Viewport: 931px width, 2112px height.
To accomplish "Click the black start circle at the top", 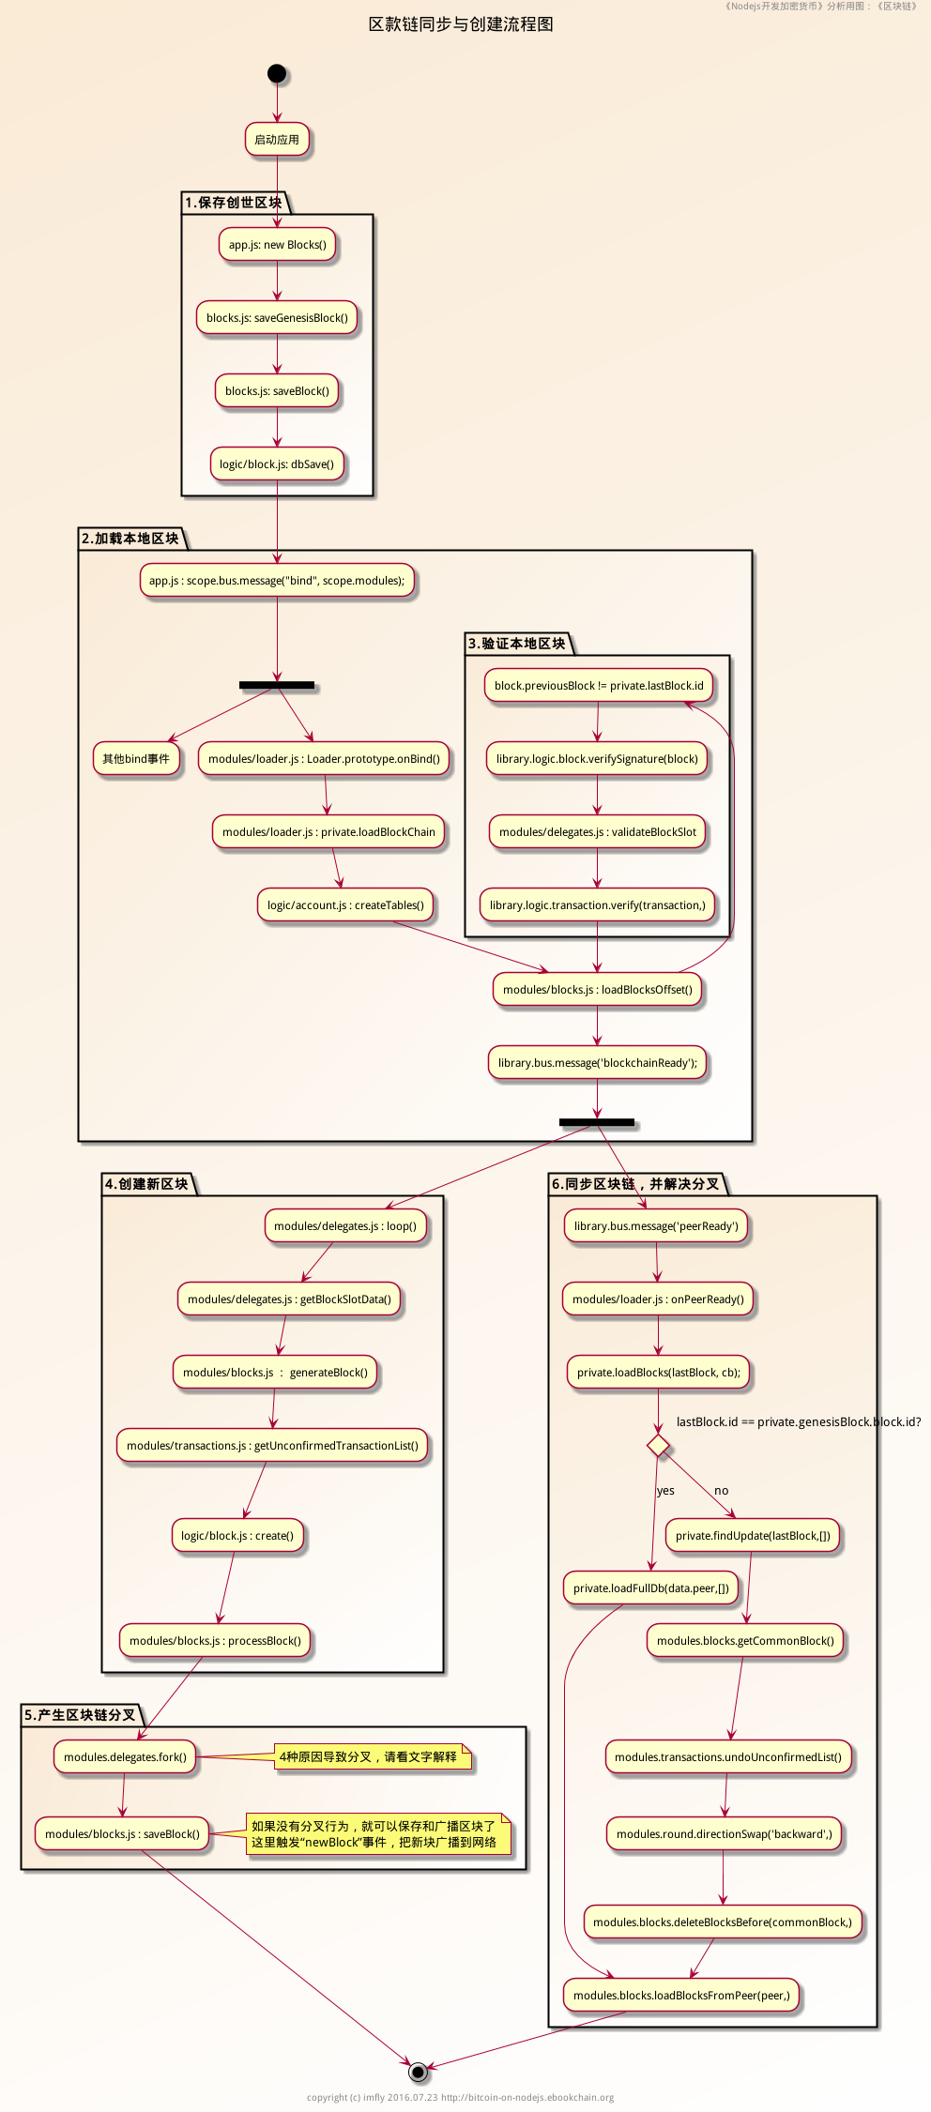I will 277,73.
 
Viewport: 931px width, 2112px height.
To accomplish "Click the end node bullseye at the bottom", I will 419,2072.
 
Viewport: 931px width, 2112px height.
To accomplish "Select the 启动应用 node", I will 277,140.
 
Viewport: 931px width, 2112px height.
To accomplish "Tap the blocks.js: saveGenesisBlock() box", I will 277,318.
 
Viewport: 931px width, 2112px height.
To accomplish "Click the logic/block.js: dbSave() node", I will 277,464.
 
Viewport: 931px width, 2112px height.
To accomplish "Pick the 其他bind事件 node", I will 136,759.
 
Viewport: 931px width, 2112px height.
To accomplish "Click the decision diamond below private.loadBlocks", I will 659,1446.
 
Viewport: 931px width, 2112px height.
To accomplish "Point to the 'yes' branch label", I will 665,1491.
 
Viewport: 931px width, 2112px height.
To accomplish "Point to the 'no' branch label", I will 721,1491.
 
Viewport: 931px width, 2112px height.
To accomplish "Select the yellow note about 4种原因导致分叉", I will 373,1757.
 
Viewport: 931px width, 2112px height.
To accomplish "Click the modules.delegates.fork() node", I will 125,1757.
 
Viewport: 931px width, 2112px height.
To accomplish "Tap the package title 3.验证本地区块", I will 517,644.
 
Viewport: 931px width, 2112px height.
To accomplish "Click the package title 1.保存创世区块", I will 234,203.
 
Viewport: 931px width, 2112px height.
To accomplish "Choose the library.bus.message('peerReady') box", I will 656,1226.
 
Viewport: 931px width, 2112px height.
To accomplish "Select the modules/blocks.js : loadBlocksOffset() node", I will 598,990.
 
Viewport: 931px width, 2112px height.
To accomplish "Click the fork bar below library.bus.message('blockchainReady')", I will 597,1122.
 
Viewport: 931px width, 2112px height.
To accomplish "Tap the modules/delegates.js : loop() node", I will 345,1226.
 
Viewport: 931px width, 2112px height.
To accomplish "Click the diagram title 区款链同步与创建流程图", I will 461,24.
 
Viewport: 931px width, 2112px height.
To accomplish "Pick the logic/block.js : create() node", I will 237,1536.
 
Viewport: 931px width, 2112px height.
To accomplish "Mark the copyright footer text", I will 460,2098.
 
